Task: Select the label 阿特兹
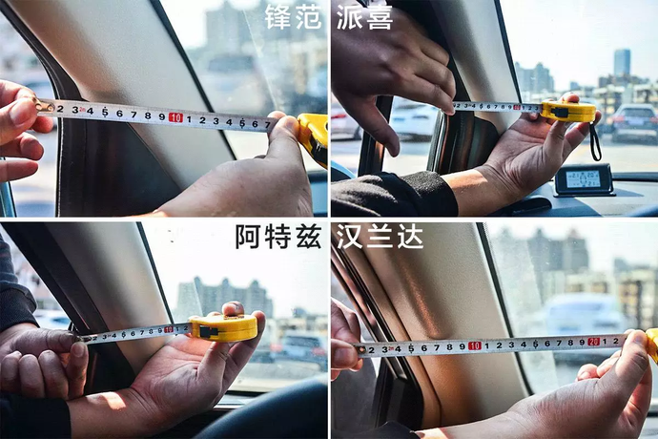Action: coord(278,236)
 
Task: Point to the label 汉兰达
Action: coord(379,236)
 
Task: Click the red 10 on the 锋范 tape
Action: coord(175,117)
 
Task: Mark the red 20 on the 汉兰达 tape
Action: coord(593,341)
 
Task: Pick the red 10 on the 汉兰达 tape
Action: coord(474,345)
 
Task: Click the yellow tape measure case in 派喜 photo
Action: coord(568,111)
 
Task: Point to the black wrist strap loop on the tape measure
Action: coord(595,139)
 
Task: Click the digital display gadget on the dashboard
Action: coord(583,178)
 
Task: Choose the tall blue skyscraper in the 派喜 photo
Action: coord(621,63)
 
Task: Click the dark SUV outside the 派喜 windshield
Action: coord(634,122)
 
